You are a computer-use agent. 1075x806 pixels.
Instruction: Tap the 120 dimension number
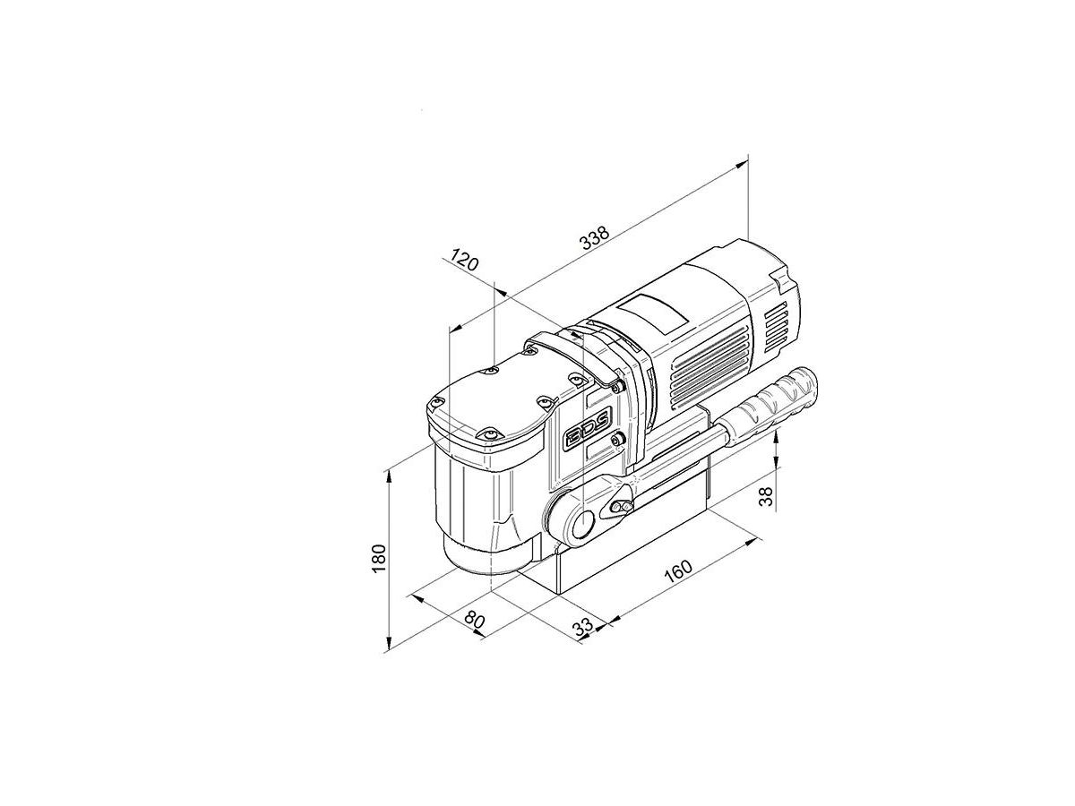point(463,260)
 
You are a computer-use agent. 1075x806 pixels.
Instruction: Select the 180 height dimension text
point(380,558)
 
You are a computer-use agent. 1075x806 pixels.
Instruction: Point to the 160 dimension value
point(678,570)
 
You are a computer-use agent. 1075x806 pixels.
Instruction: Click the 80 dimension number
point(474,621)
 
